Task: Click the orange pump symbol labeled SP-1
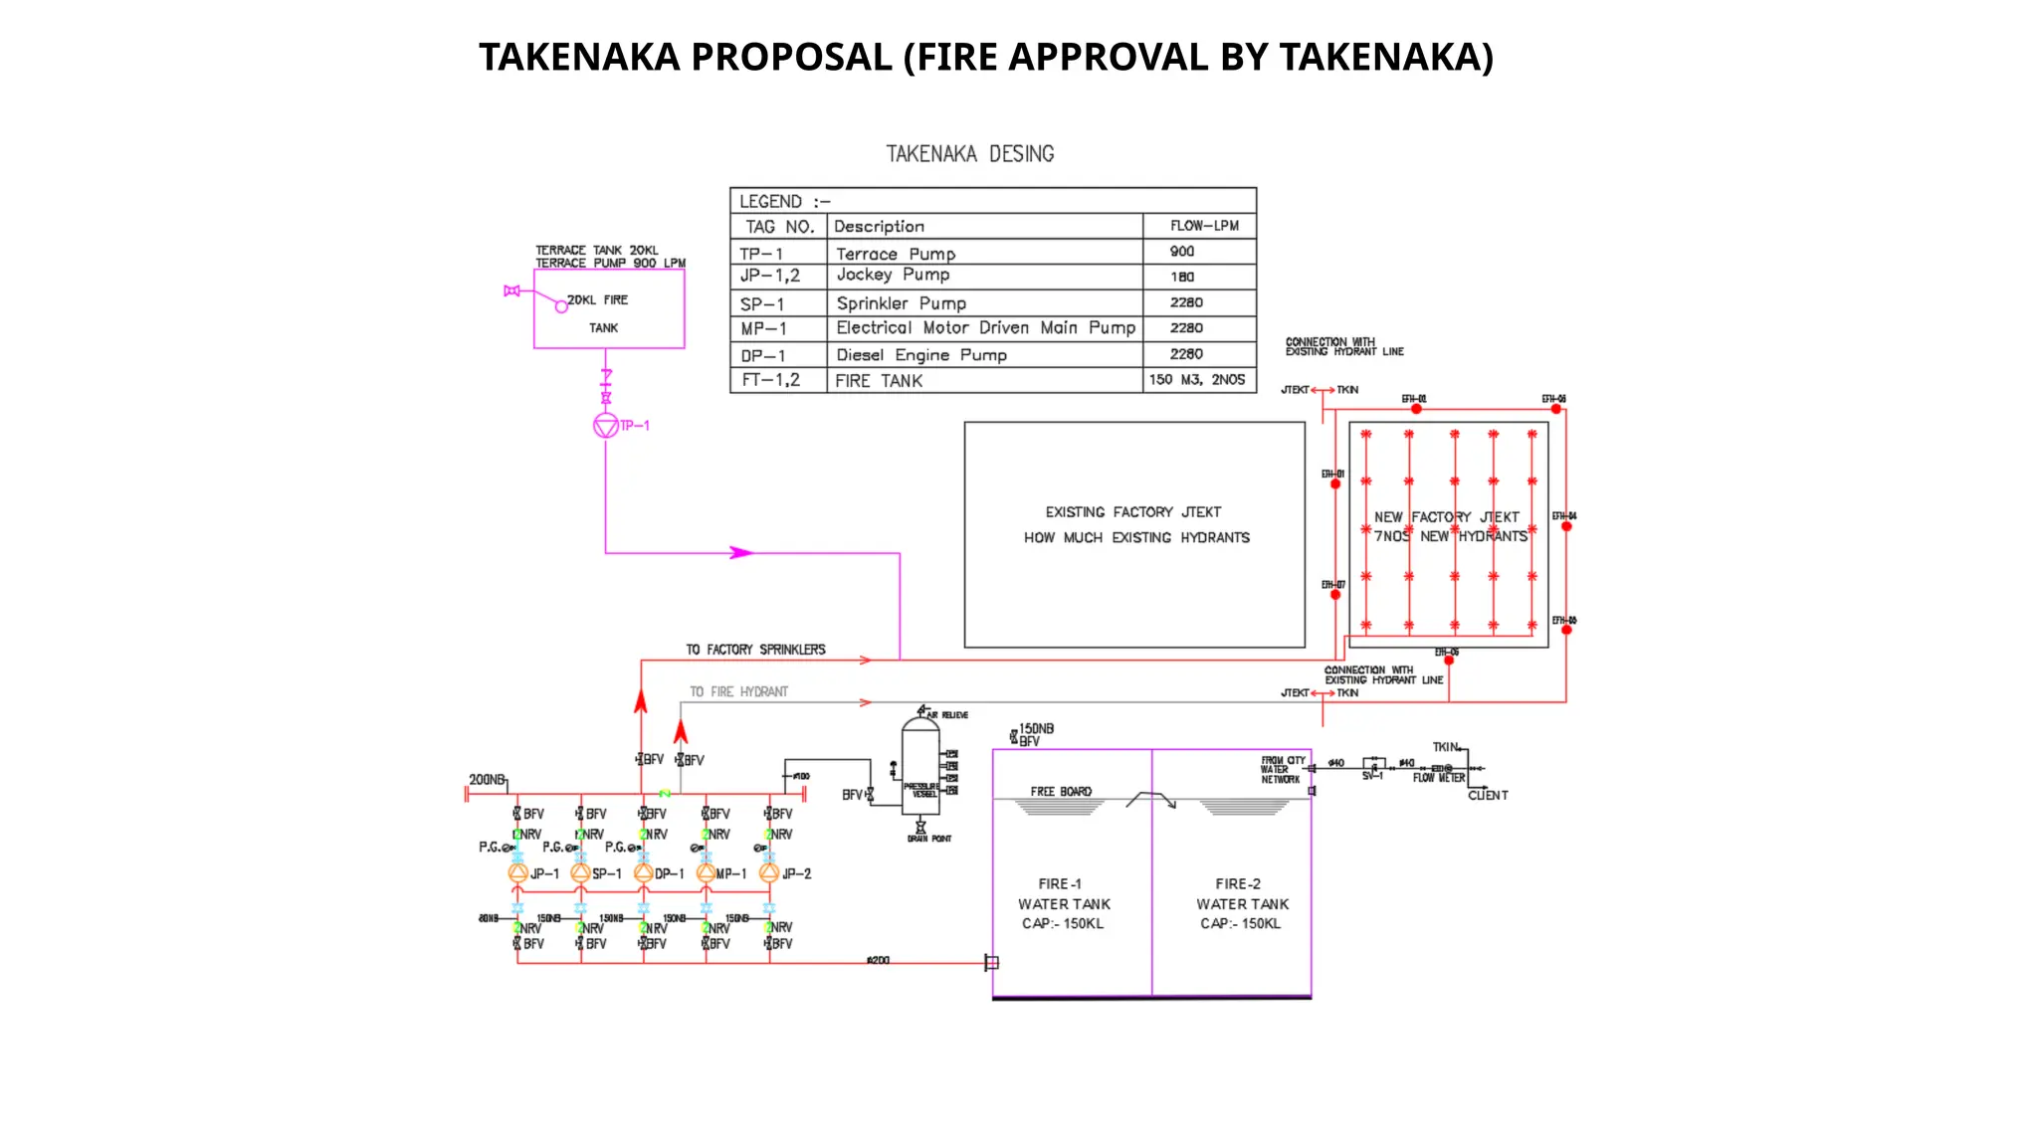(580, 873)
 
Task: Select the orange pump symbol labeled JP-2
(769, 873)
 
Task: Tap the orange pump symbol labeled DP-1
(644, 873)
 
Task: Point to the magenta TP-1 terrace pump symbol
(606, 426)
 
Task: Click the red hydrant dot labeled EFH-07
(1335, 595)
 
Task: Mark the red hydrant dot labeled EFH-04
(1566, 526)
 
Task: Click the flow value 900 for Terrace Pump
(1182, 252)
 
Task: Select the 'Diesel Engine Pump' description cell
(921, 355)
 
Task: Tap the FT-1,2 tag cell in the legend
(771, 380)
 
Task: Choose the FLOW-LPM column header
(1204, 226)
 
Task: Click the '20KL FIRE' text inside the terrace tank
(598, 299)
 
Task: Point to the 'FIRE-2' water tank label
(1238, 883)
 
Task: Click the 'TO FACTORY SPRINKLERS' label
(755, 650)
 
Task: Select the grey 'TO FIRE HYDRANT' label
(738, 691)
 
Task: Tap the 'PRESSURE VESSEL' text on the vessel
(920, 790)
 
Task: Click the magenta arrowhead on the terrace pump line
(741, 552)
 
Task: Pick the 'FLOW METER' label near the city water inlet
(1439, 778)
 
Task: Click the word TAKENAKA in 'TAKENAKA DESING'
(931, 154)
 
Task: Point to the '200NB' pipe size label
(487, 779)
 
